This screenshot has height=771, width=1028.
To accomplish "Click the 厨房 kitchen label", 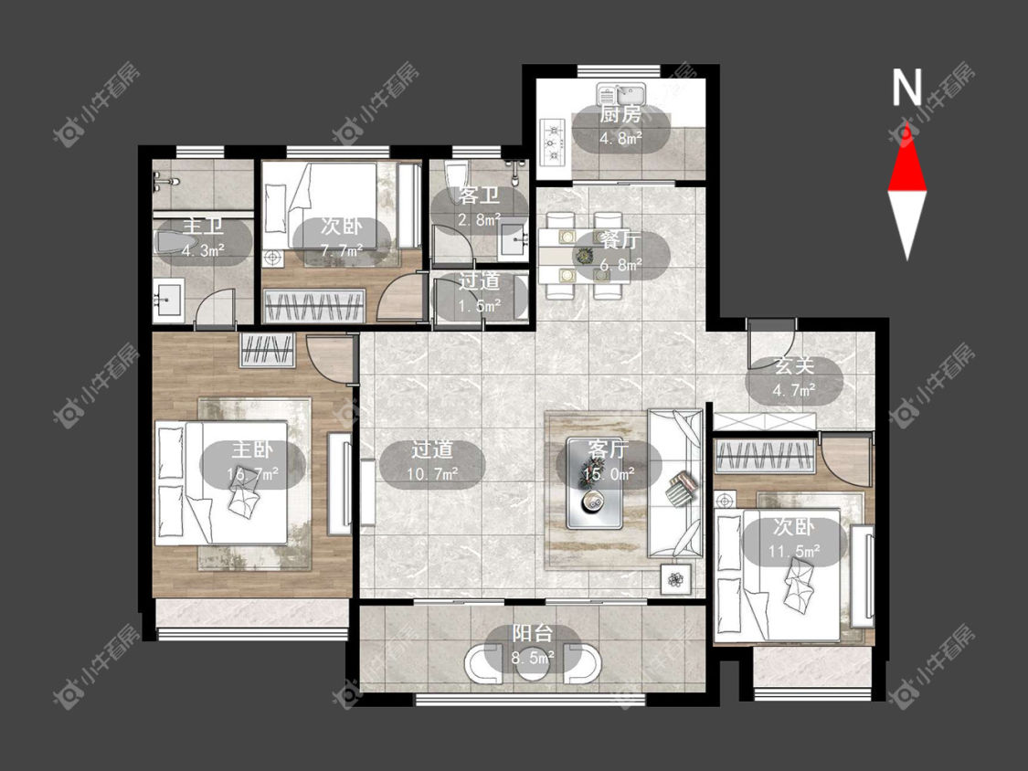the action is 620,115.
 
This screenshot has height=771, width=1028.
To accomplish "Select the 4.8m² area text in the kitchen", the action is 620,139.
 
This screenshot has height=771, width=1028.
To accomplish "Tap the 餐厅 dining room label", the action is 620,240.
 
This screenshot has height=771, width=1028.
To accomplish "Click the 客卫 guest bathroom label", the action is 479,195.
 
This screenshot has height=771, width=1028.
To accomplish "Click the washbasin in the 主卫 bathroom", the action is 169,301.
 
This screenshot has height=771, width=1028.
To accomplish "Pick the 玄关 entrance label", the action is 793,365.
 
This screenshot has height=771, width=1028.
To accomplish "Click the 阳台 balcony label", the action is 533,633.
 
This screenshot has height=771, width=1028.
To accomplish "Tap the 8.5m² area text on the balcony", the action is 533,658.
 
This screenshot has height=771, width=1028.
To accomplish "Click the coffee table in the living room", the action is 595,483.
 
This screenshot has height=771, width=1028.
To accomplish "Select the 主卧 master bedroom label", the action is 252,449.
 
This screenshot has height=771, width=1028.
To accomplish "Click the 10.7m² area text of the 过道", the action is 432,473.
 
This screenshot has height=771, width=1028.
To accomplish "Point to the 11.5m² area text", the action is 793,551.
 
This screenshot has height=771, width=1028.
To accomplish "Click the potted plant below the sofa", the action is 676,579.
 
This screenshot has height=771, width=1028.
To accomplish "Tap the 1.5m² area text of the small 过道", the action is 479,305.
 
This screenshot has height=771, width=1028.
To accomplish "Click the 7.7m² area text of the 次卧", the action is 342,251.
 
